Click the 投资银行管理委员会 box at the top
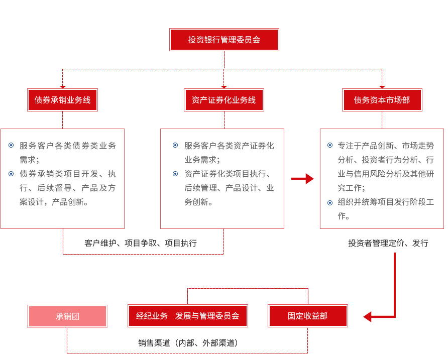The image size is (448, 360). point(224,40)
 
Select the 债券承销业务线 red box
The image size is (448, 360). point(63,100)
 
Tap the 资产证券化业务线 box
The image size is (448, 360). point(224,100)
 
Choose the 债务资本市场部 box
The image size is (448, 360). point(382,100)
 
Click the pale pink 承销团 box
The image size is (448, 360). point(67,316)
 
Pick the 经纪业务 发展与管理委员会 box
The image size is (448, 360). point(188,316)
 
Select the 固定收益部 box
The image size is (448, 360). point(308,316)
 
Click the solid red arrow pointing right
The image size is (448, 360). point(302,179)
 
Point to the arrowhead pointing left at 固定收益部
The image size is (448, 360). point(368,317)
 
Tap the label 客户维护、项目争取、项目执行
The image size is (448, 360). point(141,243)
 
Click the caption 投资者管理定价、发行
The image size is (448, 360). point(388,243)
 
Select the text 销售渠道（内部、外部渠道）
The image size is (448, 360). point(188,343)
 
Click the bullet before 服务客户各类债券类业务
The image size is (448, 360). point(11,145)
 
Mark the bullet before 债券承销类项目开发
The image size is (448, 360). point(11,174)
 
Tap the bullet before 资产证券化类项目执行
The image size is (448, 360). point(175,174)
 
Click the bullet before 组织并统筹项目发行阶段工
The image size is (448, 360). point(330,203)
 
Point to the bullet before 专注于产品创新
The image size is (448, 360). point(330,145)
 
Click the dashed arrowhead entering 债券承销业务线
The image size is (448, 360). point(63,87)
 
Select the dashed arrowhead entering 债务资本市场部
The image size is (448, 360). point(382,87)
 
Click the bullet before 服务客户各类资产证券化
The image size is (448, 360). point(175,145)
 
